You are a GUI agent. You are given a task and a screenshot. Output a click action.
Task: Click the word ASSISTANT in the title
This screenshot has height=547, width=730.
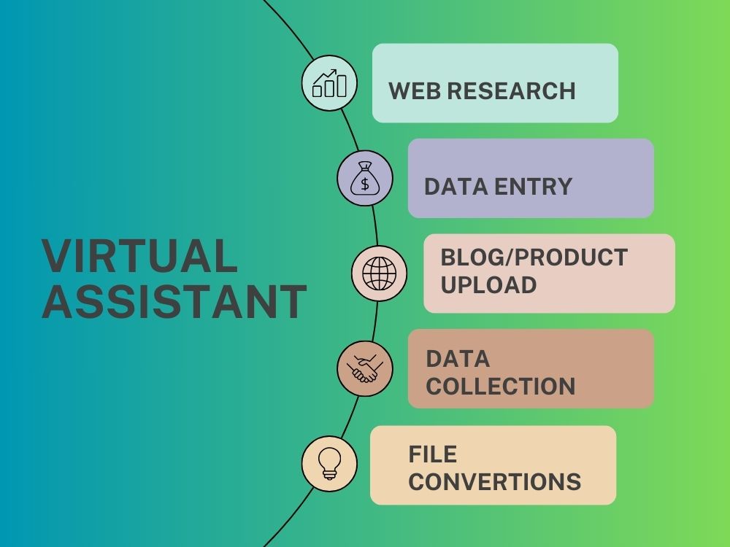pos(174,301)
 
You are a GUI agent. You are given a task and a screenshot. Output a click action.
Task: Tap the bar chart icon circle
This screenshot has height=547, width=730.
pos(329,83)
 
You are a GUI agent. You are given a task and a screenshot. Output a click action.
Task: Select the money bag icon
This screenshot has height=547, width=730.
pos(365,178)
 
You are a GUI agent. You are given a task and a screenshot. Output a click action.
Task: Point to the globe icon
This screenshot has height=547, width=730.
pos(379,273)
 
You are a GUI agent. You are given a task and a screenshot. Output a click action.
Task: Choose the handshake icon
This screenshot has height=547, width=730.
pos(365,368)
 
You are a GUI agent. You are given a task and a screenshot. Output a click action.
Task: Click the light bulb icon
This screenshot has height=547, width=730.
pos(329,463)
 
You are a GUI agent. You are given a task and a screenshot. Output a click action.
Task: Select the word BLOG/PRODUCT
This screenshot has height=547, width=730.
pos(534,257)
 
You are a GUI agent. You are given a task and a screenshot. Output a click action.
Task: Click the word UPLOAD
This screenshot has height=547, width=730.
pos(488,284)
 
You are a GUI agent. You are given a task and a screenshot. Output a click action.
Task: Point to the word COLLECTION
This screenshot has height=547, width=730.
pos(501,386)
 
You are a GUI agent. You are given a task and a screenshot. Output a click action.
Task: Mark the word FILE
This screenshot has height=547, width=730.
pos(432,454)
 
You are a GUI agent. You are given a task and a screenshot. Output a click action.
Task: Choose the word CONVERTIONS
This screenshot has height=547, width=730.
pos(495,481)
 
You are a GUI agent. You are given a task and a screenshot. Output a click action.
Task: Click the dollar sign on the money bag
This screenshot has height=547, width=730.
pos(365,185)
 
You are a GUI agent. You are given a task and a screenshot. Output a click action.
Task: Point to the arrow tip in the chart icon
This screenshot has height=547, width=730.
pos(335,71)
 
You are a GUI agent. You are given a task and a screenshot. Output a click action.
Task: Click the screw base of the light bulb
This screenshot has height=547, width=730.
pos(329,475)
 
